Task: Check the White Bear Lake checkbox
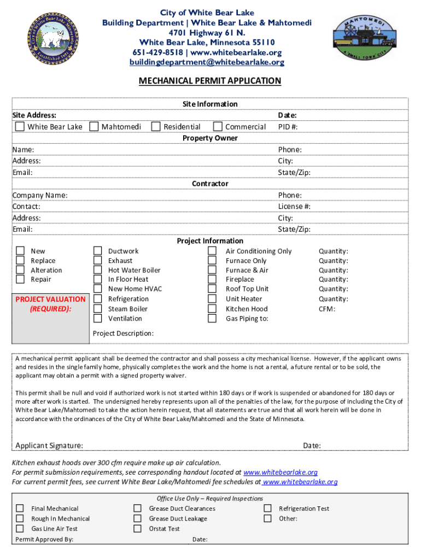pos(20,127)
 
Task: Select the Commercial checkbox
pos(218,127)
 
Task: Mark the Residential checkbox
pos(156,127)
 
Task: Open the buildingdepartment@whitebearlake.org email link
pos(207,62)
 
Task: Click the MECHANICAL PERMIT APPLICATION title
pos(210,81)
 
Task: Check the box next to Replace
pos(20,260)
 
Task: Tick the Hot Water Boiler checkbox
pos(98,270)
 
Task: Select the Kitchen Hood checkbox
pos(212,309)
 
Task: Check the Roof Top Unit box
pos(212,289)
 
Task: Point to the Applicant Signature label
pos(49,446)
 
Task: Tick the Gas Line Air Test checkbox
pos(20,529)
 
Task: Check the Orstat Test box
pos(138,529)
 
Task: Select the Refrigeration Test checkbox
pos(268,508)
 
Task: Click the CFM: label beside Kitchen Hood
pos(327,309)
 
